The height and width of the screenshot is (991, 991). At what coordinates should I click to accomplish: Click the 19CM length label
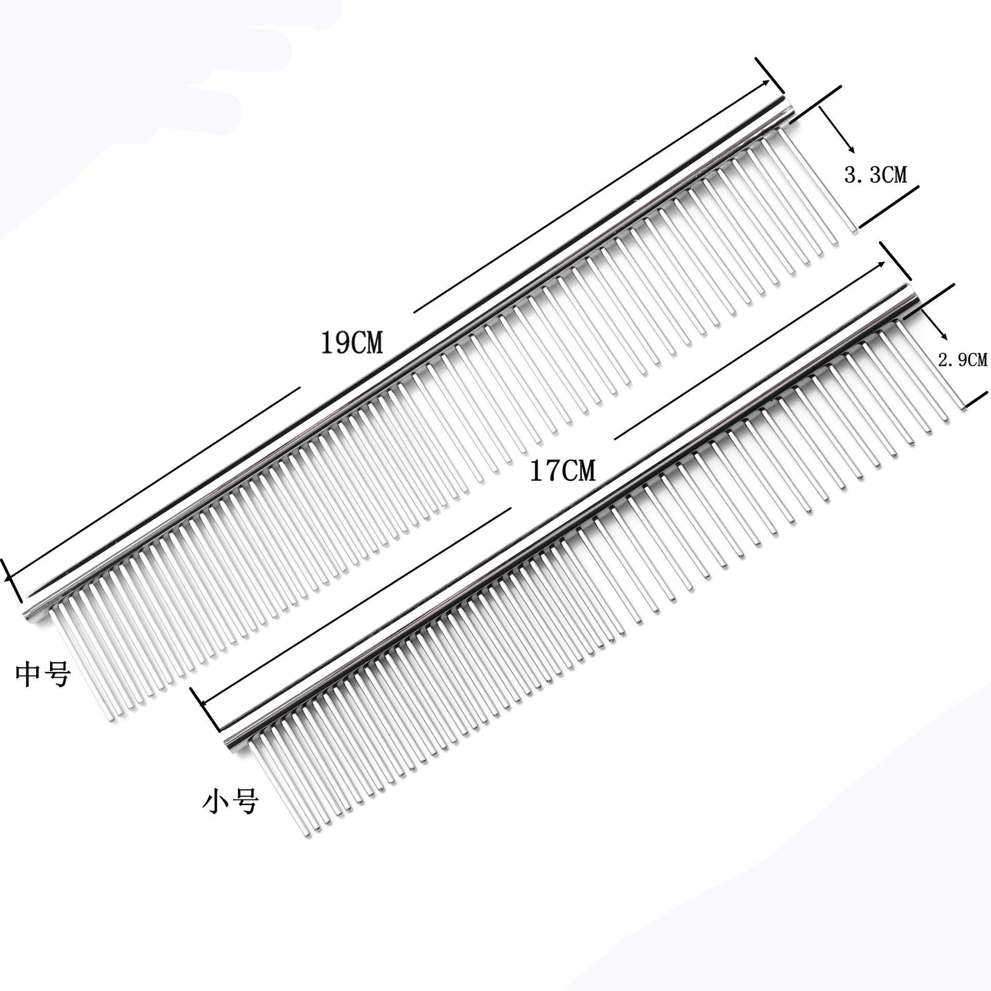[352, 342]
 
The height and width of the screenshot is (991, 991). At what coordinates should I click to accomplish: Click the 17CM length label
[563, 471]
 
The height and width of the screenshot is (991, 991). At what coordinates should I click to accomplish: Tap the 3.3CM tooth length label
[875, 175]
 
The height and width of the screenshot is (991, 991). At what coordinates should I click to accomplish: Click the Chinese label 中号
[43, 675]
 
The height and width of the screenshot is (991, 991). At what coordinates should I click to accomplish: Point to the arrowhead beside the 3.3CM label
[852, 150]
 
